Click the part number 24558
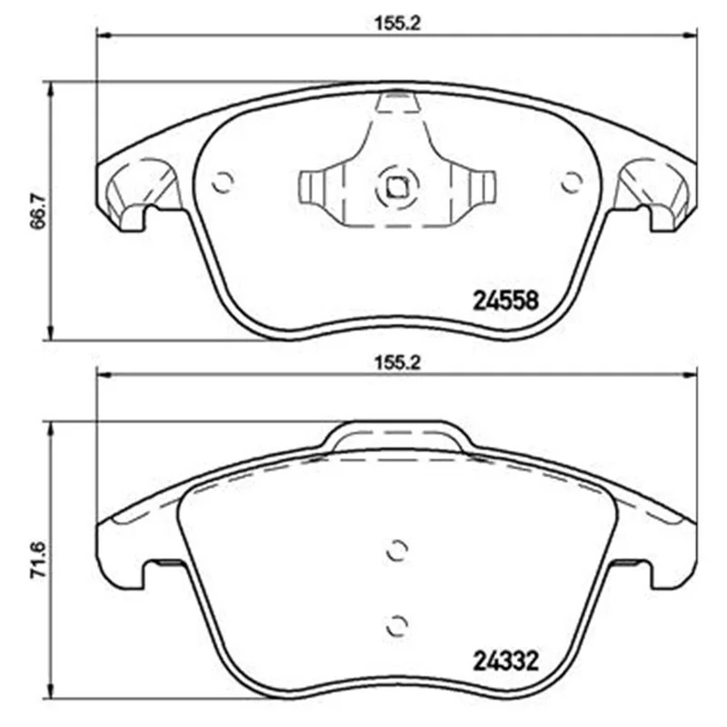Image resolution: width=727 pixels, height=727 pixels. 505,301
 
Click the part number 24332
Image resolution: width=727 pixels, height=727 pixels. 505,661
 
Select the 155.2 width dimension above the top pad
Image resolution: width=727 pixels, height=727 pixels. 397,24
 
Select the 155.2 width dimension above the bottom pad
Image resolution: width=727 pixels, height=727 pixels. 397,363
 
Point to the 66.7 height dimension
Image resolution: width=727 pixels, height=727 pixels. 38,211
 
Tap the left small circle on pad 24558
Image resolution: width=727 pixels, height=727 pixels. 223,183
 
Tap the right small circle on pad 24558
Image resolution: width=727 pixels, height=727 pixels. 572,183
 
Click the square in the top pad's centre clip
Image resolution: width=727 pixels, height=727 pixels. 397,187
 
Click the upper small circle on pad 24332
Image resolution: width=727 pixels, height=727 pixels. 397,551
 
